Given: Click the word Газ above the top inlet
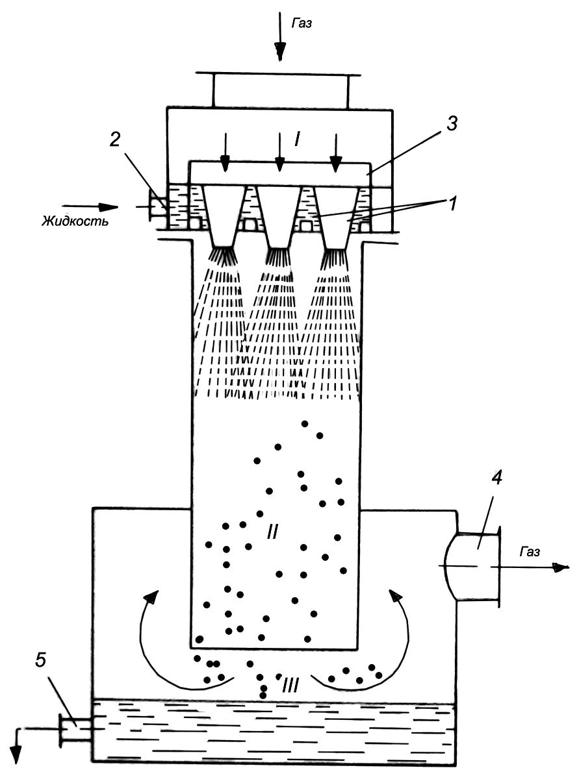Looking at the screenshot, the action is [302, 24].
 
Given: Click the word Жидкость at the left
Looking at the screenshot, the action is [75, 221].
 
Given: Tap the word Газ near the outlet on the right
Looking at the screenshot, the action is [530, 552].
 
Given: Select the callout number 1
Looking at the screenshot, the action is [453, 203].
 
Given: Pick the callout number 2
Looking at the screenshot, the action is [115, 140].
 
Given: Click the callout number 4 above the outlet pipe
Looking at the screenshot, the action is [496, 478].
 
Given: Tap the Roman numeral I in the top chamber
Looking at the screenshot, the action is [298, 140].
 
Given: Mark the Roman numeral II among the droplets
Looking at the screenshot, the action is [272, 532].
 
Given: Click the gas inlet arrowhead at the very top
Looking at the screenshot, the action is [280, 51].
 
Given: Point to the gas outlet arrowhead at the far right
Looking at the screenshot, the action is [561, 567].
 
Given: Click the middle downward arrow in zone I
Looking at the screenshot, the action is [280, 153].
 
